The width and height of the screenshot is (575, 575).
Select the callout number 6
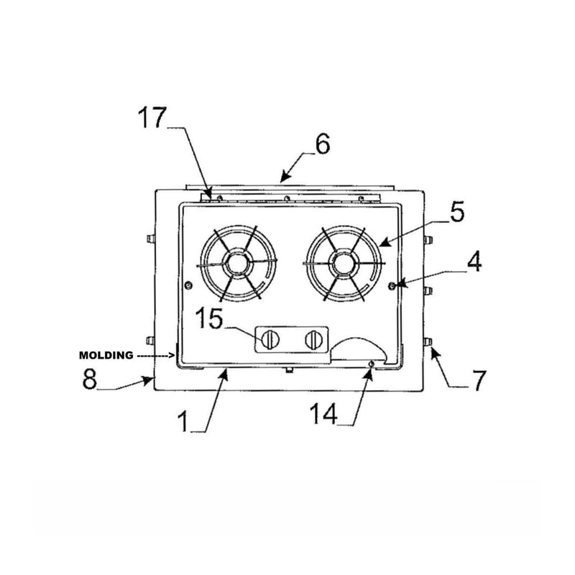(x=321, y=144)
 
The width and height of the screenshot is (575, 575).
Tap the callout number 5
(x=457, y=212)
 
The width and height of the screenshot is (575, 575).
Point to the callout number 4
(x=473, y=261)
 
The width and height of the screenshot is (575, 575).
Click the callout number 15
(x=208, y=317)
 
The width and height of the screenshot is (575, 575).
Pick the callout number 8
(x=89, y=379)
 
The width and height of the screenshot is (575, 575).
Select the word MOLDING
(x=106, y=355)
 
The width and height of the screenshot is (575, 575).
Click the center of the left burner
(x=236, y=264)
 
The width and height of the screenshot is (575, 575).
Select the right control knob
(x=313, y=340)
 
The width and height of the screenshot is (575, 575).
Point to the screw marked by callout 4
(x=392, y=285)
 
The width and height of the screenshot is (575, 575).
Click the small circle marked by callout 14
(x=371, y=364)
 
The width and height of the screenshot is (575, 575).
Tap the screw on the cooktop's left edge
(x=188, y=285)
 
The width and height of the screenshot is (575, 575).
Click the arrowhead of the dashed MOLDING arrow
(x=172, y=354)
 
